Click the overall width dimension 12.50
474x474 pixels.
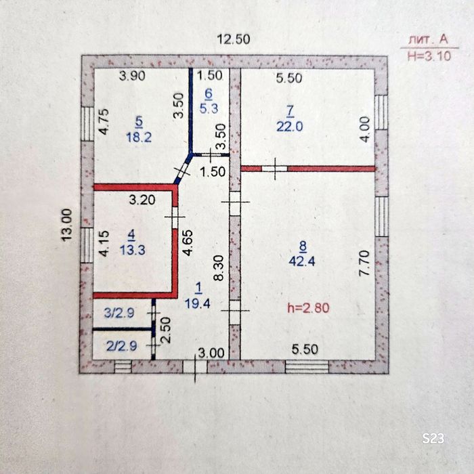coord(234,39)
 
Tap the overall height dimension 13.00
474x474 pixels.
coord(66,225)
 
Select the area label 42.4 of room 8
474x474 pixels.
coord(302,261)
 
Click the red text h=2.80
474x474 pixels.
coord(308,308)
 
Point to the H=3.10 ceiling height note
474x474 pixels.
coord(429,56)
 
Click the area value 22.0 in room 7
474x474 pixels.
coord(290,127)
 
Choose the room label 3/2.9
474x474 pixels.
coord(119,313)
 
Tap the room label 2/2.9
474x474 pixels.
coord(121,346)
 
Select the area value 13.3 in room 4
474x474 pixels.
coord(132,250)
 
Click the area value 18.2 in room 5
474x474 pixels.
coord(139,137)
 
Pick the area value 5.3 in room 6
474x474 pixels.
coord(209,108)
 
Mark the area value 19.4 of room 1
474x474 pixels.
coord(198,303)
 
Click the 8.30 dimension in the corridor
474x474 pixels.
coord(219,268)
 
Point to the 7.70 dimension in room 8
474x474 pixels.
coord(364,263)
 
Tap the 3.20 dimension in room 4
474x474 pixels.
coord(142,200)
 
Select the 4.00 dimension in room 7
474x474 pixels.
coord(365,129)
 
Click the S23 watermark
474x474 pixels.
coord(433,438)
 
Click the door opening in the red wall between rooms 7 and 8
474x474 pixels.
coord(274,169)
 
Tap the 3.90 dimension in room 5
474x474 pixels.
coord(132,76)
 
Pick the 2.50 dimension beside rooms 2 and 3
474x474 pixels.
coord(166,330)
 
